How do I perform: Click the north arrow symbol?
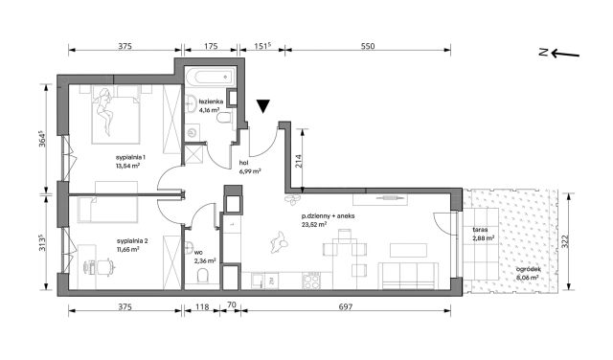click(559, 53)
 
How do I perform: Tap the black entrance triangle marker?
click(263, 106)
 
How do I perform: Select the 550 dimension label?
click(368, 46)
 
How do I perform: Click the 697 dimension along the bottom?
click(346, 306)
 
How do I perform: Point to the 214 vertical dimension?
click(298, 161)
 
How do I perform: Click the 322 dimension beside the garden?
click(565, 242)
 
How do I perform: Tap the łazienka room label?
click(211, 101)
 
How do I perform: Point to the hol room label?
click(243, 163)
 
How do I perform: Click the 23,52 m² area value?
click(314, 224)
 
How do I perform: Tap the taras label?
click(480, 230)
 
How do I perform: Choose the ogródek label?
click(528, 269)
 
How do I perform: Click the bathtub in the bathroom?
click(211, 76)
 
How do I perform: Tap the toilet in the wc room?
click(203, 277)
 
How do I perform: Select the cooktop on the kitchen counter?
click(311, 281)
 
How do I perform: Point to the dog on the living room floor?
click(279, 241)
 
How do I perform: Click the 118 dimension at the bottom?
click(202, 306)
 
